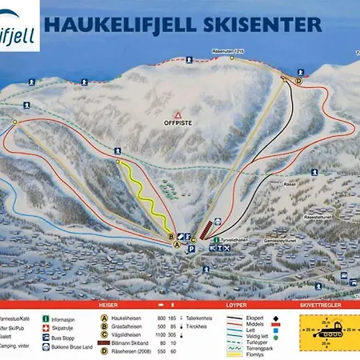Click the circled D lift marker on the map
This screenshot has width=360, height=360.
pos(299,81)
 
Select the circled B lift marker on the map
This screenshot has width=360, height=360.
pos(170,236)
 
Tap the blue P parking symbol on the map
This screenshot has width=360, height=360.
pos(191,250)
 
